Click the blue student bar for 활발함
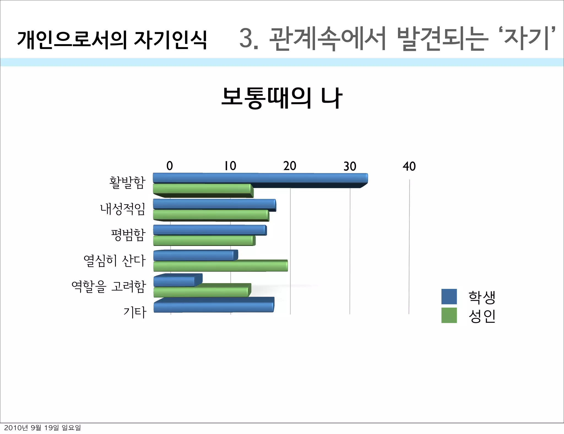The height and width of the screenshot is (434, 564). (x=260, y=178)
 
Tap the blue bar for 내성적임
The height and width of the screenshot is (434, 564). (x=214, y=204)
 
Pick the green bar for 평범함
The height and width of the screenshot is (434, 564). (x=204, y=241)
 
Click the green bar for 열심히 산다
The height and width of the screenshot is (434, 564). (x=220, y=266)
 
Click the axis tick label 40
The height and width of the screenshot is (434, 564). (x=409, y=166)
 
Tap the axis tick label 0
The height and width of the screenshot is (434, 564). (x=170, y=166)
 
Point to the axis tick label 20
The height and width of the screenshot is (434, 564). (x=290, y=166)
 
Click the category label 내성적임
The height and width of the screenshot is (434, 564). (x=123, y=209)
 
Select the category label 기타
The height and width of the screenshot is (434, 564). (x=135, y=312)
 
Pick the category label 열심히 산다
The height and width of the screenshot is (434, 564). (x=114, y=261)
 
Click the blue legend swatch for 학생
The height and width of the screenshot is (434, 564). (x=449, y=297)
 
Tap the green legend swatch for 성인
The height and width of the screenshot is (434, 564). (x=449, y=315)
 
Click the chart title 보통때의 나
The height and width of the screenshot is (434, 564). (x=282, y=98)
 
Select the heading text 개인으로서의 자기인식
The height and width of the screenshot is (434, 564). (x=112, y=40)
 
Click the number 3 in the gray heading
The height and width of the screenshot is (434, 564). (x=246, y=39)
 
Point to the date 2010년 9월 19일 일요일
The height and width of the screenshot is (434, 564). (x=42, y=428)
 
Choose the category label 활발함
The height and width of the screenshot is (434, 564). (x=127, y=183)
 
